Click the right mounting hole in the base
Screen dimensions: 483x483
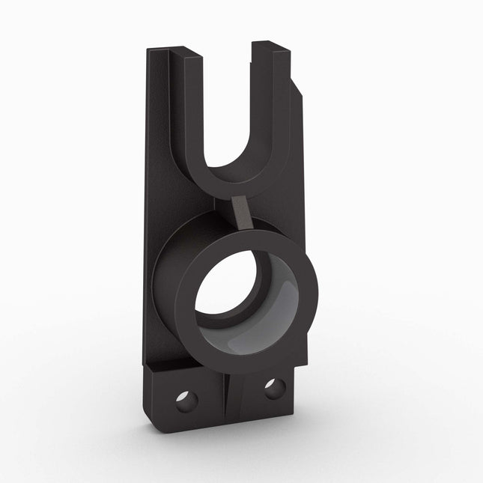click(x=274, y=388)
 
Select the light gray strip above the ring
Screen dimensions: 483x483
click(x=242, y=211)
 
